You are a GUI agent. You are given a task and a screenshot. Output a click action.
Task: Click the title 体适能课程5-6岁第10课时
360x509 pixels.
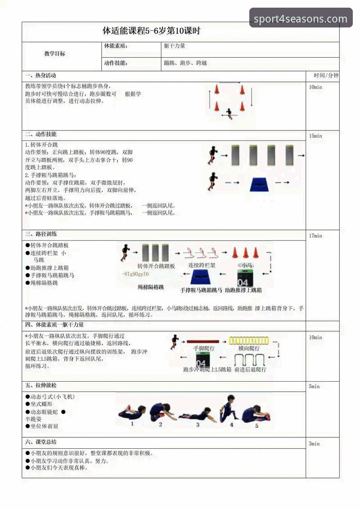152,31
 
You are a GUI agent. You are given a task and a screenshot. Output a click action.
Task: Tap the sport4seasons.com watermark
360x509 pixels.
301,19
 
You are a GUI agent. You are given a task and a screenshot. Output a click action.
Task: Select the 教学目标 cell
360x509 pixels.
54,54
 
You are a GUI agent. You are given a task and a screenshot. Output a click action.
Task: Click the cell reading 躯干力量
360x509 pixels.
175,46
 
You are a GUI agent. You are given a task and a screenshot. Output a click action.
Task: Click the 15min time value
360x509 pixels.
315,136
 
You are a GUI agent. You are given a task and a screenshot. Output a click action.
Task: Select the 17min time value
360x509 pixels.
315,235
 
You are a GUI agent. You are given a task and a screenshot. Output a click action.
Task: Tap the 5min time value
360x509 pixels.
314,386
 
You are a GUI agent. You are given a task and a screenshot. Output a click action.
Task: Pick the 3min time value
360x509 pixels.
314,443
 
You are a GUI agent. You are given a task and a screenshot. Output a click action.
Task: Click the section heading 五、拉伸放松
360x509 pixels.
41,386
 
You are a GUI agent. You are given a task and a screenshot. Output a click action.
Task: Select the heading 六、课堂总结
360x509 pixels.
41,442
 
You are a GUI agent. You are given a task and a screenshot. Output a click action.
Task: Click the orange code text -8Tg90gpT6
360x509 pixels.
135,274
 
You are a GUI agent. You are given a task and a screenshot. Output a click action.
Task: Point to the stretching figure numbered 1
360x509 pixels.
132,412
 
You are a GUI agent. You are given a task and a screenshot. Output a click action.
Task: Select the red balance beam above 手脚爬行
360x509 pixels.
202,342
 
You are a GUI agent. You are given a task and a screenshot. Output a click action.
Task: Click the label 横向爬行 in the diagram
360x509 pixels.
249,349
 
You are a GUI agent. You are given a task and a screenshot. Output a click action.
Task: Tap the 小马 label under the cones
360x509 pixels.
247,266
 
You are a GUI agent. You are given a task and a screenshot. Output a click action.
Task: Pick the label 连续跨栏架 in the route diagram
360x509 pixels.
202,266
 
